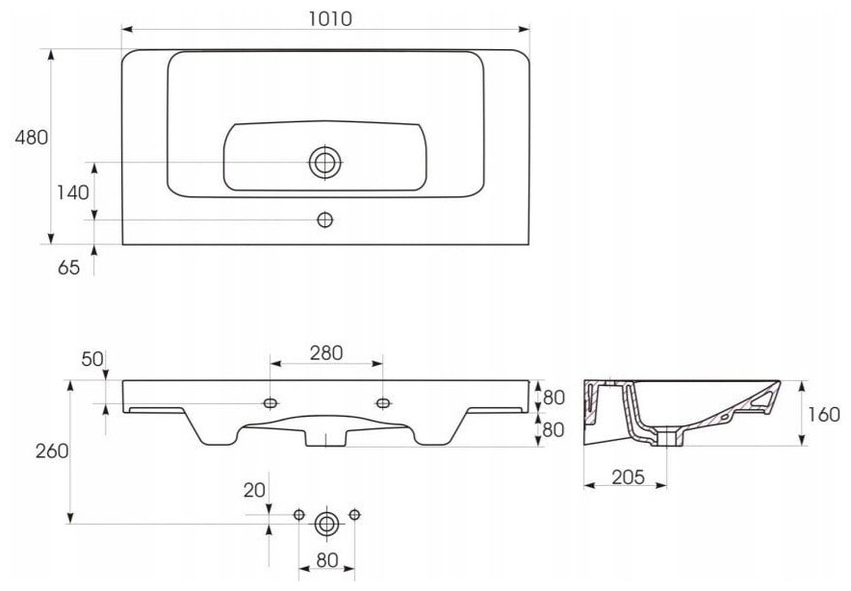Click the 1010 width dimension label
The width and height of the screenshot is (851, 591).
pyautogui.click(x=330, y=19)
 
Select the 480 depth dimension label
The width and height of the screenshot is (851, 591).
pyautogui.click(x=31, y=138)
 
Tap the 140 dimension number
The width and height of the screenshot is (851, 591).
pyautogui.click(x=73, y=193)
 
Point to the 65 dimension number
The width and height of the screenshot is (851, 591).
pyautogui.click(x=69, y=268)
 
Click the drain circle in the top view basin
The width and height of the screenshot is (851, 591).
pyautogui.click(x=325, y=163)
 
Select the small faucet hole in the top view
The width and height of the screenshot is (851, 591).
pyautogui.click(x=324, y=219)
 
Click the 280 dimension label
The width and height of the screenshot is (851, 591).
pyautogui.click(x=326, y=353)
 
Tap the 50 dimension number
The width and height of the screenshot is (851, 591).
pyautogui.click(x=92, y=359)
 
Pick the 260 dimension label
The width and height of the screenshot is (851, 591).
pyautogui.click(x=52, y=451)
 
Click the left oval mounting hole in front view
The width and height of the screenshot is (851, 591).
pyautogui.click(x=271, y=403)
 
